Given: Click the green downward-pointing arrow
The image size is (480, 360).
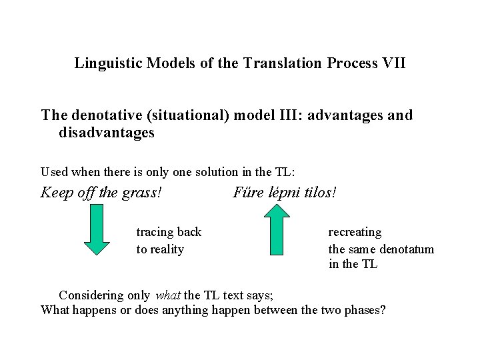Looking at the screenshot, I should click(x=97, y=229).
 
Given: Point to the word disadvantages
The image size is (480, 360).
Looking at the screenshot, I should click(x=107, y=133).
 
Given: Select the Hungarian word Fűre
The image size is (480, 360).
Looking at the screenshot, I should click(x=247, y=193).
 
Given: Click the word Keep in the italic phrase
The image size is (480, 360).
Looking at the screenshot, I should click(x=55, y=193).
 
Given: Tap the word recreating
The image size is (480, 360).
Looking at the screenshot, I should click(x=355, y=232).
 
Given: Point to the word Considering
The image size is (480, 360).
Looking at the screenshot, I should click(x=91, y=295).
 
